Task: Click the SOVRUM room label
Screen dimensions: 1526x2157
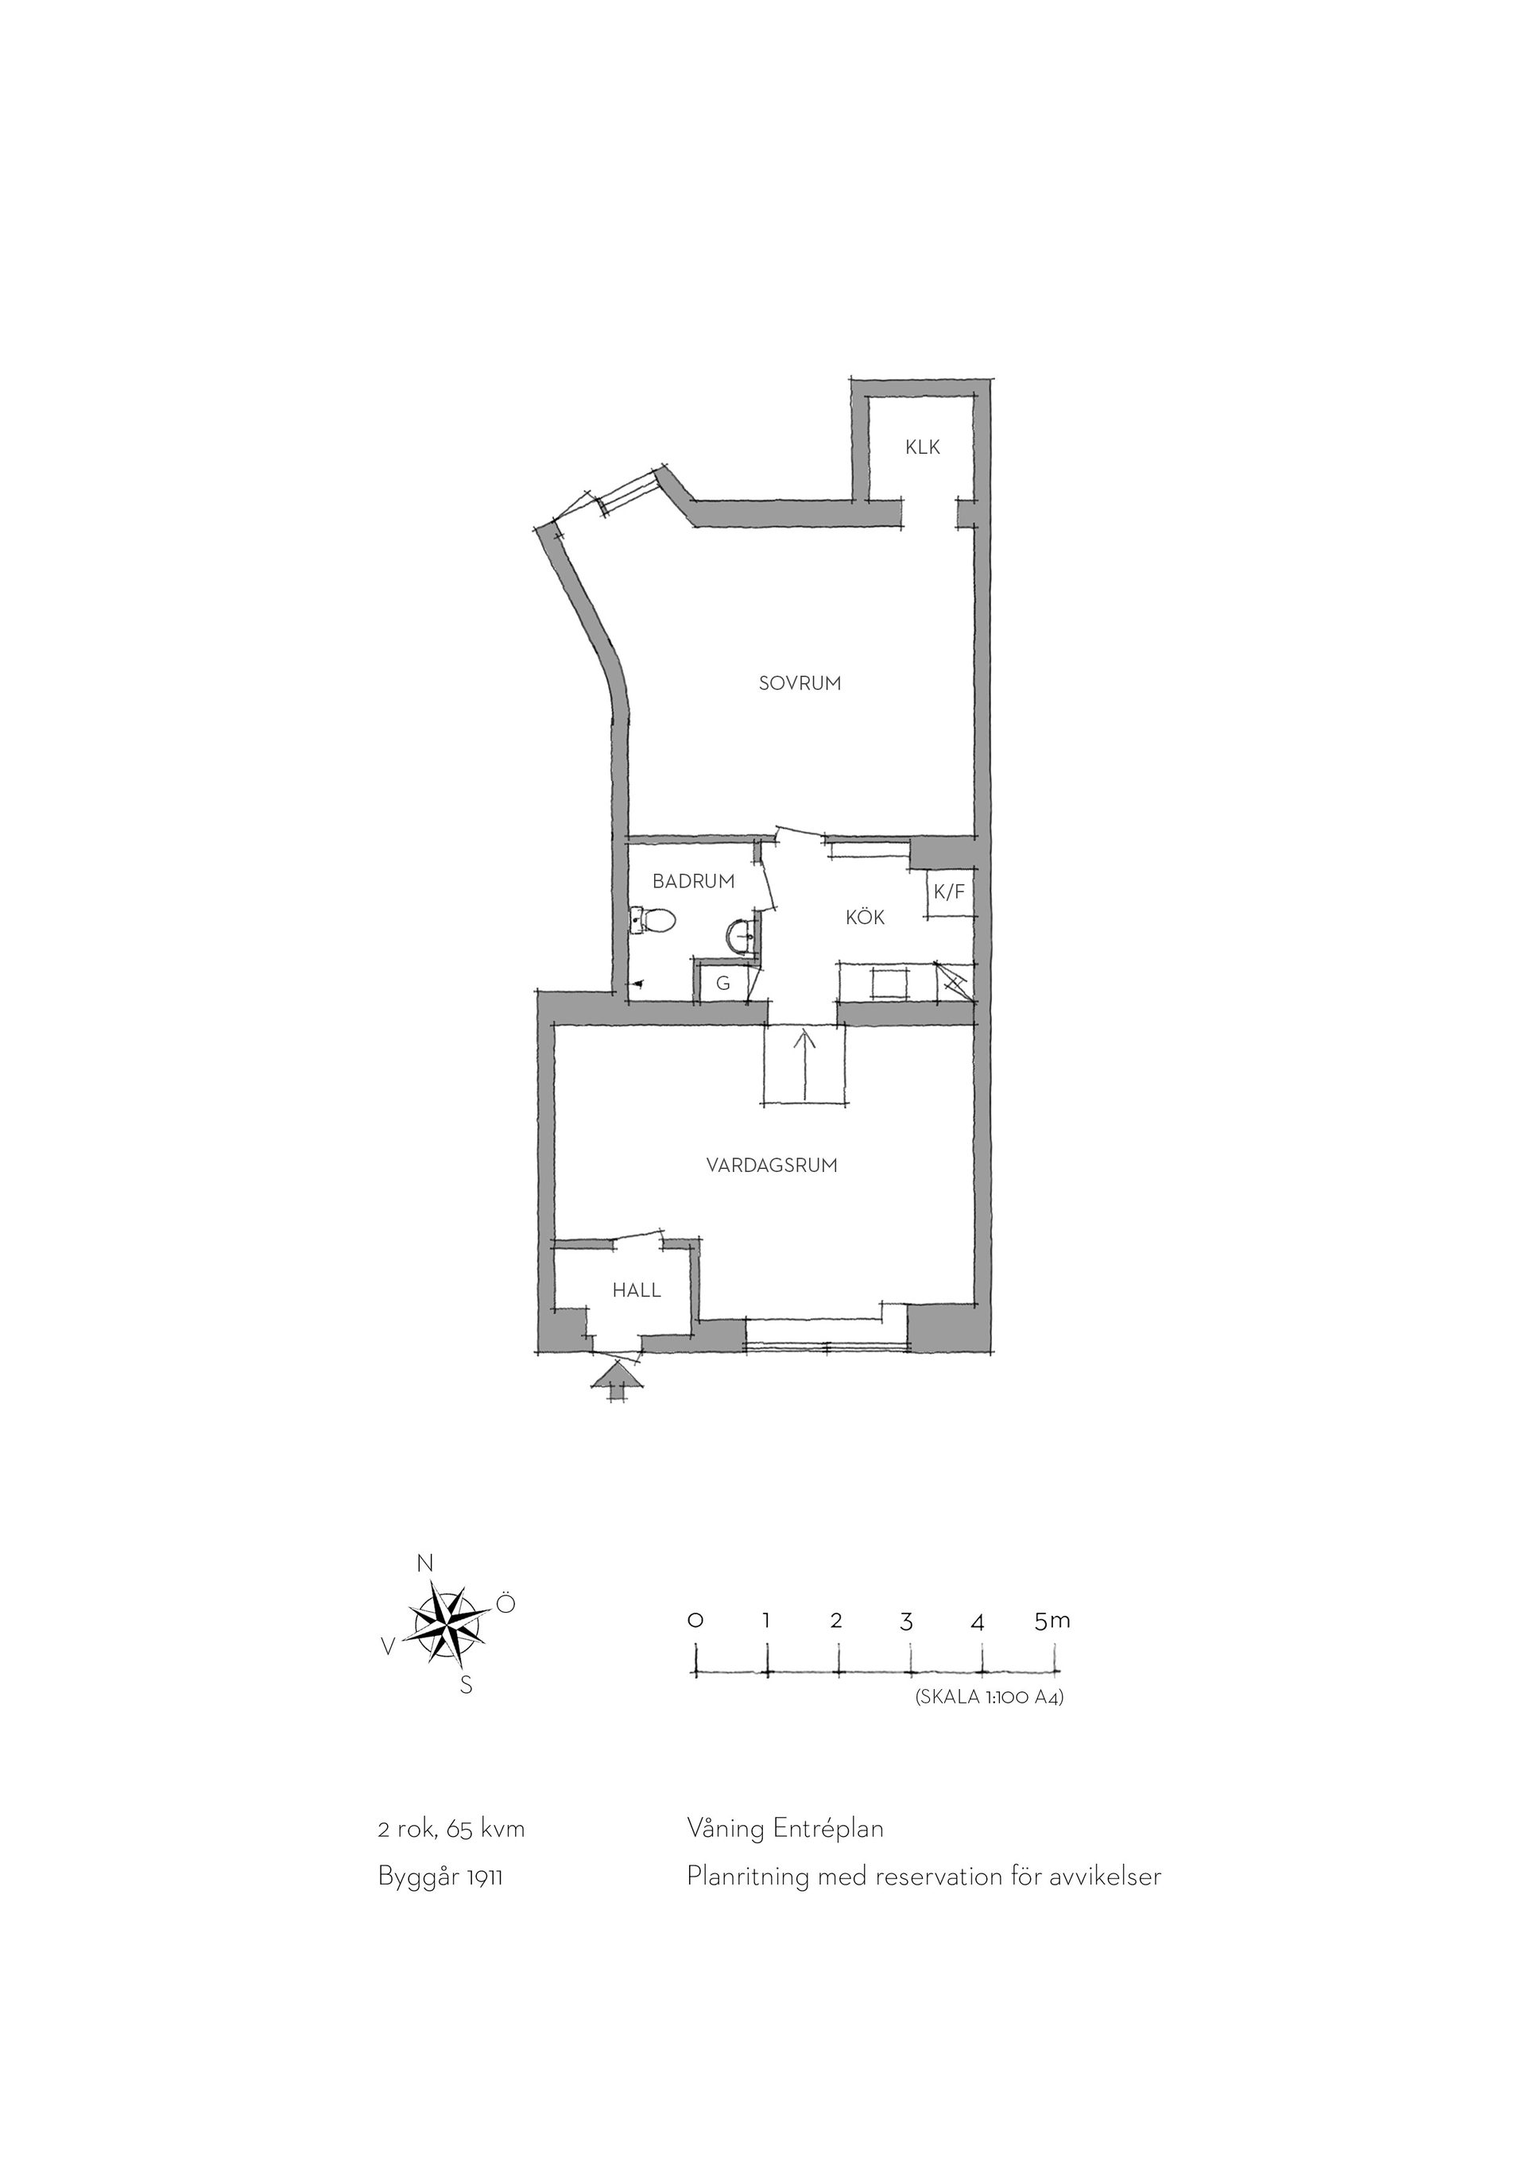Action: (800, 684)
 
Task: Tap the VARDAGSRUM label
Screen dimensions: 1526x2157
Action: (772, 1165)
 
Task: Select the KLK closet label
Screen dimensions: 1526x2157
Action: (923, 447)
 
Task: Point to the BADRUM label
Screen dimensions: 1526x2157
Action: (694, 881)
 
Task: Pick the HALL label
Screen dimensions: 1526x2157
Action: (637, 1290)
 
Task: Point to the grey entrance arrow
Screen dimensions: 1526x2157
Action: (617, 1385)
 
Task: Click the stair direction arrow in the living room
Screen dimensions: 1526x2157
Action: (805, 1066)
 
